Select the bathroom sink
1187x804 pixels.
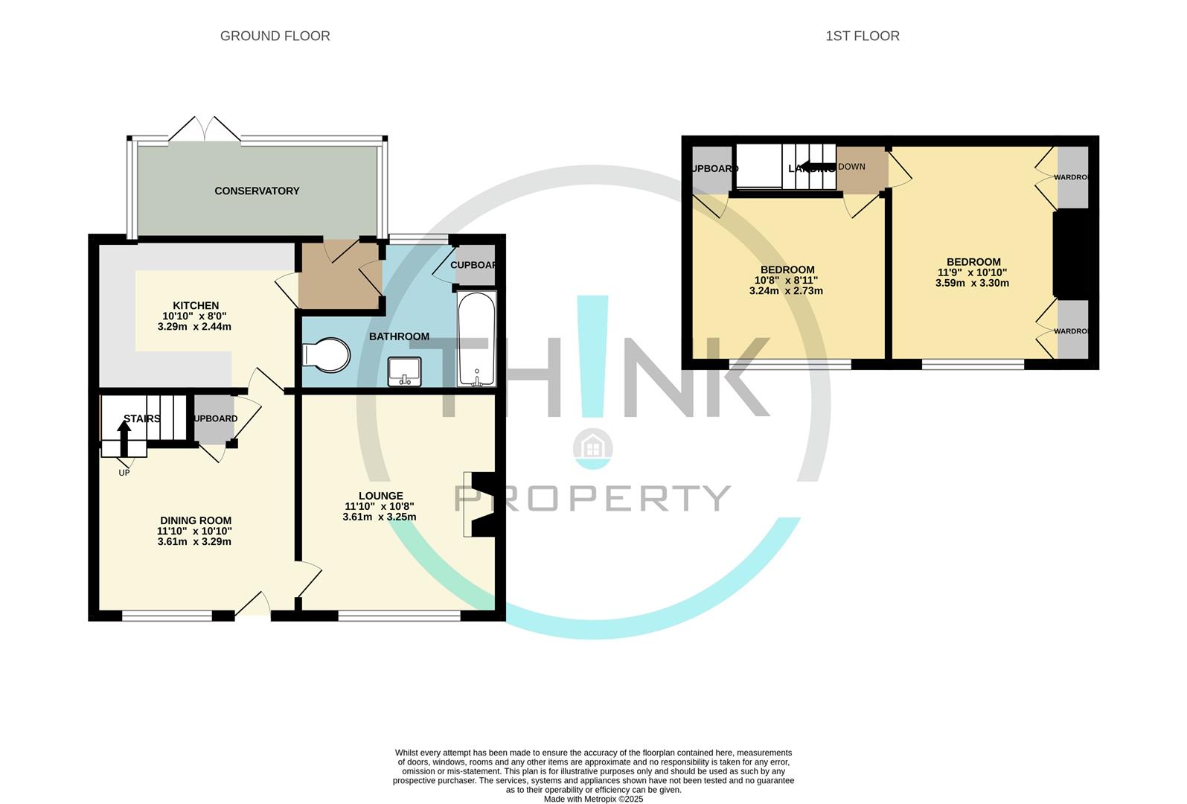point(404,371)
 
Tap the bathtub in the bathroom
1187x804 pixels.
point(476,339)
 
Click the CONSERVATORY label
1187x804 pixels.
point(257,191)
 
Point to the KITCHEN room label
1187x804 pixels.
point(196,305)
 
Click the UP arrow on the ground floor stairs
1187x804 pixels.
point(124,438)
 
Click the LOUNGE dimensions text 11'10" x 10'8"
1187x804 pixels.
point(380,506)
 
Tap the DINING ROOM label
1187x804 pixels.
point(196,520)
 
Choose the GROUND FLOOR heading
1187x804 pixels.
point(275,36)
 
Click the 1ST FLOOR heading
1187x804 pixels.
point(862,36)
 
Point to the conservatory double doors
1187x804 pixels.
point(204,130)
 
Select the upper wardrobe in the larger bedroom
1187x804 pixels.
point(1072,177)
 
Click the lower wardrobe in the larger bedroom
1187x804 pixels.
point(1072,331)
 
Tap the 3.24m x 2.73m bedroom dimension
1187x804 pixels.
point(786,291)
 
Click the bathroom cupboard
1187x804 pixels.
point(475,265)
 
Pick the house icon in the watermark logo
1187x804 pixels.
point(593,447)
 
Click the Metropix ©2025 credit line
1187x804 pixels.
point(593,799)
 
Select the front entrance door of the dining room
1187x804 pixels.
point(253,607)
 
